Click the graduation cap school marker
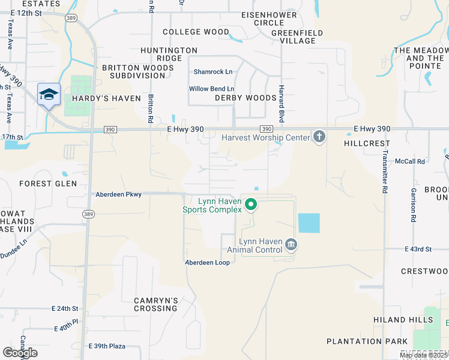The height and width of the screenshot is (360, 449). coord(49,94)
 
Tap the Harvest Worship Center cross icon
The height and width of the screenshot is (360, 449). coord(319,137)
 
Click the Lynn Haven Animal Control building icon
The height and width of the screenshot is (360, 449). coord(291,244)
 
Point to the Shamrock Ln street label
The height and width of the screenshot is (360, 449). coord(212,72)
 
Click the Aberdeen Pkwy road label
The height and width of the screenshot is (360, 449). coord(118,194)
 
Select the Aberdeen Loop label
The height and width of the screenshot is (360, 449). coord(207,263)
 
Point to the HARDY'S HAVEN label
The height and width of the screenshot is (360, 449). coord(106,98)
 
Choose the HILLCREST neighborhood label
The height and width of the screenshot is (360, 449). coord(367,144)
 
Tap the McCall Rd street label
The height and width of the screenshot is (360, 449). coord(410,161)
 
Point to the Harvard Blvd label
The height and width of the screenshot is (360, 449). coord(280,103)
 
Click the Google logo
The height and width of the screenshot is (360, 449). coord(20,353)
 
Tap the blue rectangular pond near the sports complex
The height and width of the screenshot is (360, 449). coord(309,223)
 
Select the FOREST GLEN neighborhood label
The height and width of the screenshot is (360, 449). coord(48,184)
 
